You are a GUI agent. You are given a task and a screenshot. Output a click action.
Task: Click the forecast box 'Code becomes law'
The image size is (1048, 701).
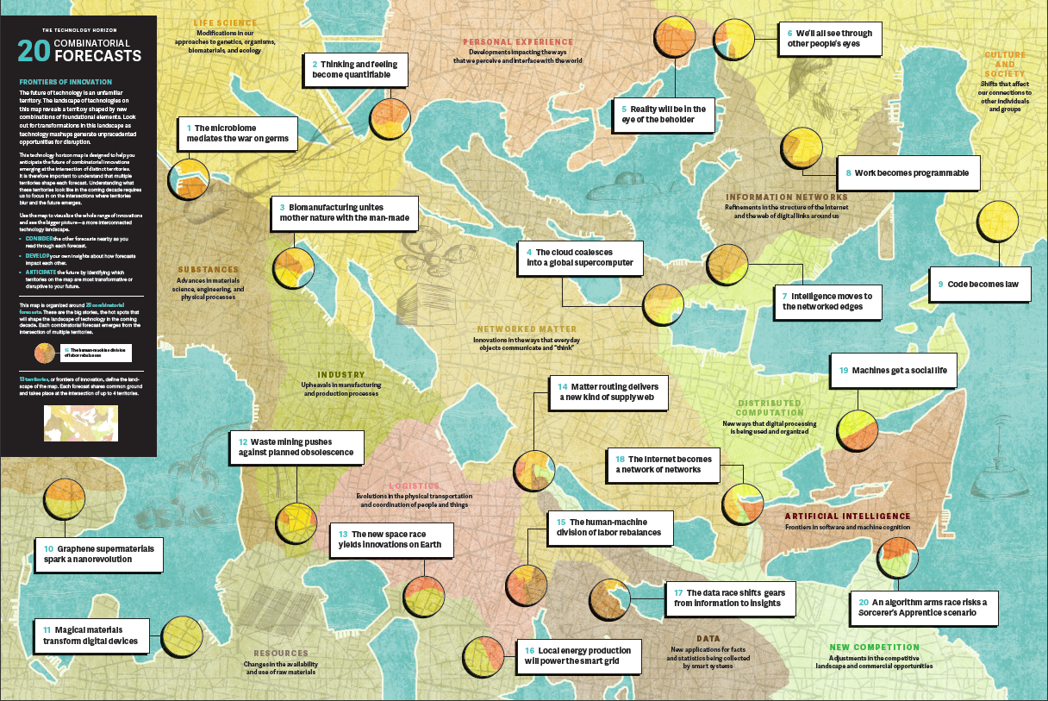(x=981, y=284)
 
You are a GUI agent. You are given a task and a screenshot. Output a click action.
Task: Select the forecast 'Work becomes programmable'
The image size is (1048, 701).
(x=908, y=172)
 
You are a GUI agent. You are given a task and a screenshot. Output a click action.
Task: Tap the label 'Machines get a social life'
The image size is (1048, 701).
(x=893, y=371)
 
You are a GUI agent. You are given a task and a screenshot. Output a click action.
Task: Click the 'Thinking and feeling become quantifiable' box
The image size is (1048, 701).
(x=354, y=69)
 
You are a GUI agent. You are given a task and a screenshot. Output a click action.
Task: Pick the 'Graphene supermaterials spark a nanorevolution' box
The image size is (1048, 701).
(x=98, y=554)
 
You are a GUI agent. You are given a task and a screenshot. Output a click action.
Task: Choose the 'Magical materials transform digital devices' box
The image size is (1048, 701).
(x=90, y=636)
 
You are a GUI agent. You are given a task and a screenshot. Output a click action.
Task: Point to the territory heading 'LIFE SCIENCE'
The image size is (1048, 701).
(x=225, y=23)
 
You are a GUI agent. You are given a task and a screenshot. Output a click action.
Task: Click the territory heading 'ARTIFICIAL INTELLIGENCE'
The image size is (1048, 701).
(x=846, y=516)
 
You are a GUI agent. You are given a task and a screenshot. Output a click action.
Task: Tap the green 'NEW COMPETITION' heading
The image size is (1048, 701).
(x=874, y=647)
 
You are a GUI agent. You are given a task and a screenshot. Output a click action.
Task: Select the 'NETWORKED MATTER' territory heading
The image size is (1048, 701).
(x=527, y=329)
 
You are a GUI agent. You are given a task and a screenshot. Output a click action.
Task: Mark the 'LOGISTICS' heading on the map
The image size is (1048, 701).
(x=414, y=486)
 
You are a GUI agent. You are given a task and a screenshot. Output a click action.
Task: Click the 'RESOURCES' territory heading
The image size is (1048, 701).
(x=281, y=653)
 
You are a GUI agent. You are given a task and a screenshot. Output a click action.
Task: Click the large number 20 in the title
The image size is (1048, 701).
(x=34, y=51)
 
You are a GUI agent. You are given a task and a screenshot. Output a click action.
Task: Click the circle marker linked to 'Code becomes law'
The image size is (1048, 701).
(x=1000, y=222)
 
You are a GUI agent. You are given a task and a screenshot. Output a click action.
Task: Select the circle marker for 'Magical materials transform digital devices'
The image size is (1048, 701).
(x=182, y=636)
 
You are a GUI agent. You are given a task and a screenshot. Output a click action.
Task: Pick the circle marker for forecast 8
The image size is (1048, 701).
(x=802, y=148)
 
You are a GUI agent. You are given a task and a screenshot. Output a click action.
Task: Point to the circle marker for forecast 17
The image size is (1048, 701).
(x=610, y=598)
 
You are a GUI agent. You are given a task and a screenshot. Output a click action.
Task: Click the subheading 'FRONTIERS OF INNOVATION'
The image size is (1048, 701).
(x=65, y=82)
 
